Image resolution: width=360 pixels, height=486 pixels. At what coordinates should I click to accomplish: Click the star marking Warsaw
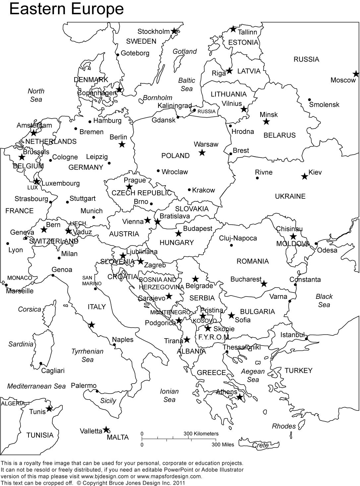click(x=202, y=153)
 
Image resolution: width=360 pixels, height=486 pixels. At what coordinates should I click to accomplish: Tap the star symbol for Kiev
click(x=304, y=176)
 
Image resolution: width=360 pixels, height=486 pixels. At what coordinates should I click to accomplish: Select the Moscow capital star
click(x=356, y=74)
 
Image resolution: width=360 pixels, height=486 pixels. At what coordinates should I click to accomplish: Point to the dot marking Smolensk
click(x=309, y=99)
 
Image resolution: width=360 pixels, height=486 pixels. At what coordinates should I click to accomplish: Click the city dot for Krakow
click(x=189, y=190)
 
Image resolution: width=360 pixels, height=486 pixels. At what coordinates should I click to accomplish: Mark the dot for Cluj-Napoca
click(x=231, y=245)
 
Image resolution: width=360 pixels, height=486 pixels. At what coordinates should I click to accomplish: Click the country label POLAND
click(x=175, y=156)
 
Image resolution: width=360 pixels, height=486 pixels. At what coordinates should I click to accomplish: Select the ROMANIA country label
click(x=253, y=261)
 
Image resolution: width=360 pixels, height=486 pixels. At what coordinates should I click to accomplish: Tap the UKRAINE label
click(x=290, y=196)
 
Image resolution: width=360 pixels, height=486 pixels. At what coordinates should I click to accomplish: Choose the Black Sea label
click(x=324, y=300)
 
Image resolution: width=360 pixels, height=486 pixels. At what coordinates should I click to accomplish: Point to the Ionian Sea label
click(x=169, y=395)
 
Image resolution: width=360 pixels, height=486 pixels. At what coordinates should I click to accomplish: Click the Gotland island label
click(x=185, y=51)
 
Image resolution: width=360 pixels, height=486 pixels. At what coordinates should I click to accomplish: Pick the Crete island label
click(x=261, y=445)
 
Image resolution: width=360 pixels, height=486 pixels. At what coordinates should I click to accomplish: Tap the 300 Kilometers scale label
click(x=201, y=434)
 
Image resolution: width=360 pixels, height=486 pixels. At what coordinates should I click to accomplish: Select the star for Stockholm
click(x=174, y=31)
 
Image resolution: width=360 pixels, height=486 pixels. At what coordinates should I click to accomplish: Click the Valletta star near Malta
click(x=106, y=430)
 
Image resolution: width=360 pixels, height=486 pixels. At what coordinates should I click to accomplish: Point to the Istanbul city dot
click(x=307, y=339)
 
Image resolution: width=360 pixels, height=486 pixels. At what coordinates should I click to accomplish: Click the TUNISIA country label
click(x=40, y=435)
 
